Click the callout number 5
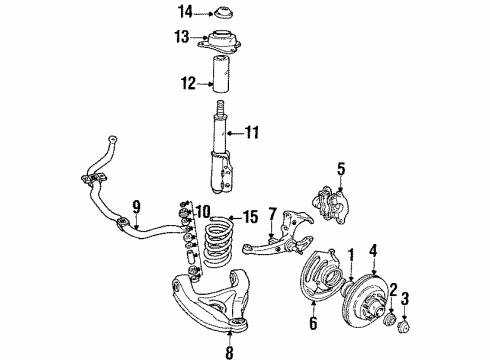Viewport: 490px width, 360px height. pyautogui.click(x=341, y=169)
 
